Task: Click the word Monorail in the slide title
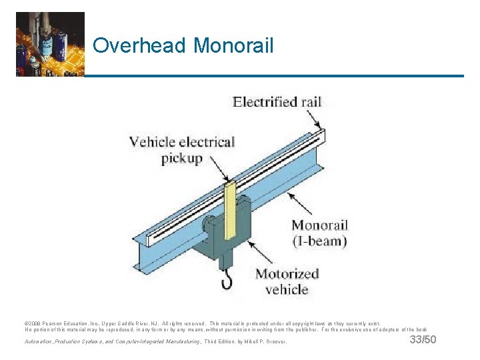tap(233, 45)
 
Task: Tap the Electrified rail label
tap(277, 102)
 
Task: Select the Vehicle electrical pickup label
tap(181, 149)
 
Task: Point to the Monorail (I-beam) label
tap(319, 233)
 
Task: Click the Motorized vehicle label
tap(287, 281)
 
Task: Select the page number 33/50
tap(423, 340)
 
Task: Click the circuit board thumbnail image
tap(50, 44)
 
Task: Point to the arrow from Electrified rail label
tap(317, 121)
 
